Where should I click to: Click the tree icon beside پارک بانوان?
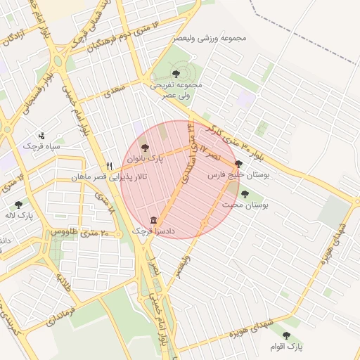145,148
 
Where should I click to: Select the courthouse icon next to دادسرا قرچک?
154,220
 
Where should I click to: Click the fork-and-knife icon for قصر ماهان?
109,166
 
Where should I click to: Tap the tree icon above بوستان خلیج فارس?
238,163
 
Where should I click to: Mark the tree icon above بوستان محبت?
245,194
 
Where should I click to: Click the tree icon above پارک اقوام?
286,335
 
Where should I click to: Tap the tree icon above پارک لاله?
18,204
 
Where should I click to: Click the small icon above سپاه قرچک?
41,135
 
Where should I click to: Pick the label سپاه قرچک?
39,146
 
